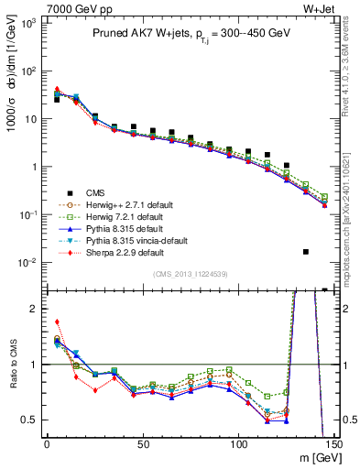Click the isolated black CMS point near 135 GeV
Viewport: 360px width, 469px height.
click(306, 251)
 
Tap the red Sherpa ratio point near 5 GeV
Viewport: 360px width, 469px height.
click(57, 322)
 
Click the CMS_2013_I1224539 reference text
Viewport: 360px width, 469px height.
click(189, 273)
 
